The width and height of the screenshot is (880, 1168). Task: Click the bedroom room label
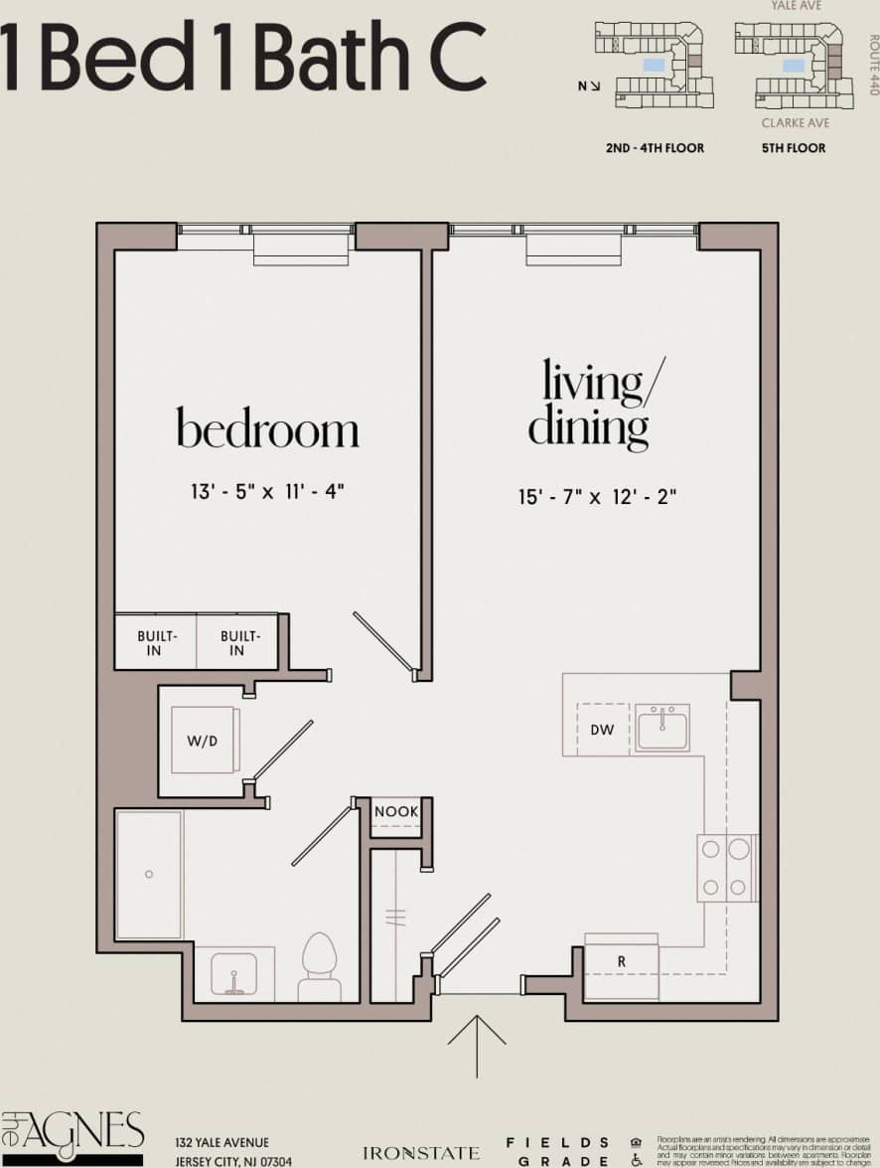click(x=267, y=429)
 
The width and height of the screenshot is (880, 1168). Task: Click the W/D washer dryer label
click(x=202, y=741)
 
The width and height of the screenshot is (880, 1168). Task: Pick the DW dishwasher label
click(x=602, y=730)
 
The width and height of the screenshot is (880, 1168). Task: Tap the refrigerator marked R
click(x=622, y=962)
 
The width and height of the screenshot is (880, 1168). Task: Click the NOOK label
click(x=396, y=812)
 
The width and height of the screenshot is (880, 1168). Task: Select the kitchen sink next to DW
click(x=662, y=729)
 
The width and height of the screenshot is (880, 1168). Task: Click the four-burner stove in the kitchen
click(x=726, y=867)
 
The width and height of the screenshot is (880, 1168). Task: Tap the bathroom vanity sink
click(x=234, y=974)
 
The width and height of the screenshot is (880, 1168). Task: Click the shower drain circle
click(x=148, y=874)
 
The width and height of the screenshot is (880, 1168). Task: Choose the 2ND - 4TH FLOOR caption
click(x=655, y=148)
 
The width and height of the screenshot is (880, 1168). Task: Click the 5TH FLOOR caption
click(x=794, y=148)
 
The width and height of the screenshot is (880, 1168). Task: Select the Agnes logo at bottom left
click(x=73, y=1136)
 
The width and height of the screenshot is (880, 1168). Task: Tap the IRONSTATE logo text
click(x=421, y=1153)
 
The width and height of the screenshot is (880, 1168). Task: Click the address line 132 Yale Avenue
click(x=221, y=1143)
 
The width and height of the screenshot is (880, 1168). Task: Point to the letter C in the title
click(x=453, y=57)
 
